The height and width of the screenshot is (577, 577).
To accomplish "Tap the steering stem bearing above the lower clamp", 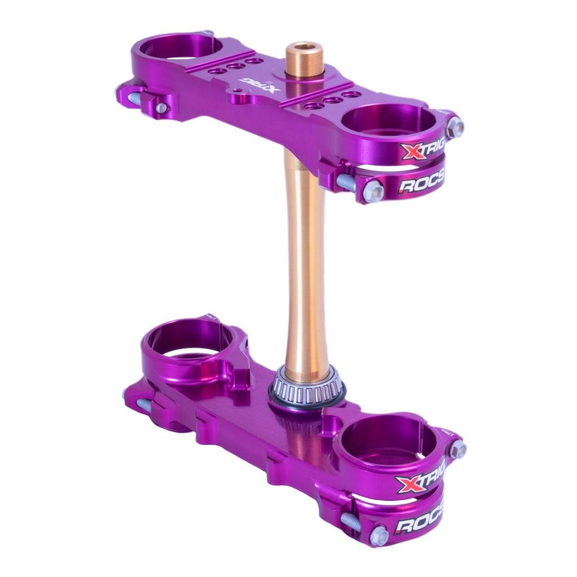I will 307,385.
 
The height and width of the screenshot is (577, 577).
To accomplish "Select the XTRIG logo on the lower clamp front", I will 419,481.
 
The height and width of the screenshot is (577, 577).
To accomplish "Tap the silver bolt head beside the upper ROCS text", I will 373,192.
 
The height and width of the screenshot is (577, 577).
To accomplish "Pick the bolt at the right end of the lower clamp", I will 458,449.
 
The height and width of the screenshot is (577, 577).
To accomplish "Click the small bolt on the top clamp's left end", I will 161,108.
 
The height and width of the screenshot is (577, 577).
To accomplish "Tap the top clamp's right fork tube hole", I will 389,120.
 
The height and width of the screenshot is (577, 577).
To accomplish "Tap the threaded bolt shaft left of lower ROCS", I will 350,519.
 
